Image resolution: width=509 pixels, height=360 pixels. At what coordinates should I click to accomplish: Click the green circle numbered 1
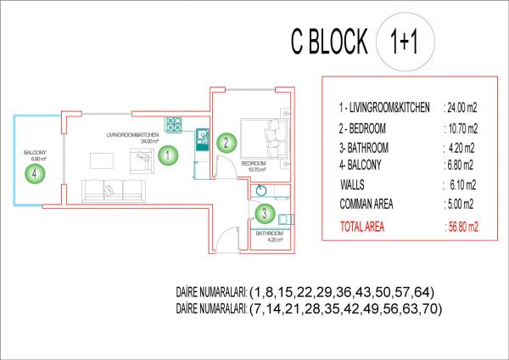coord(168,155)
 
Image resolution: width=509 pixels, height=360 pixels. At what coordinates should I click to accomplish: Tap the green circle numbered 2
coord(225,143)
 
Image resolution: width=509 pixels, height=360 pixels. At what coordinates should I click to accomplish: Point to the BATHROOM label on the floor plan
coord(269,233)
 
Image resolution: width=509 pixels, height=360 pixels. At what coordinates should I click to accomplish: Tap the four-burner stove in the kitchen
coord(174,124)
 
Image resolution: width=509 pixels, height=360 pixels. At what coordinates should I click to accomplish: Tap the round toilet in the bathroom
coord(264,191)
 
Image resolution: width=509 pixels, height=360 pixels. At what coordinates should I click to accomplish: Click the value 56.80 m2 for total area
coord(462,227)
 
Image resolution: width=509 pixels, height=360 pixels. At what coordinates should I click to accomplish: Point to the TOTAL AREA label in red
coord(366,227)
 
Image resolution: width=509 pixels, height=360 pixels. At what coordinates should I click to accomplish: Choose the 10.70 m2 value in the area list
coord(461,128)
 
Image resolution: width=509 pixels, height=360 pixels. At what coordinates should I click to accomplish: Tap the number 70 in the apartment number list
coord(431,310)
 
